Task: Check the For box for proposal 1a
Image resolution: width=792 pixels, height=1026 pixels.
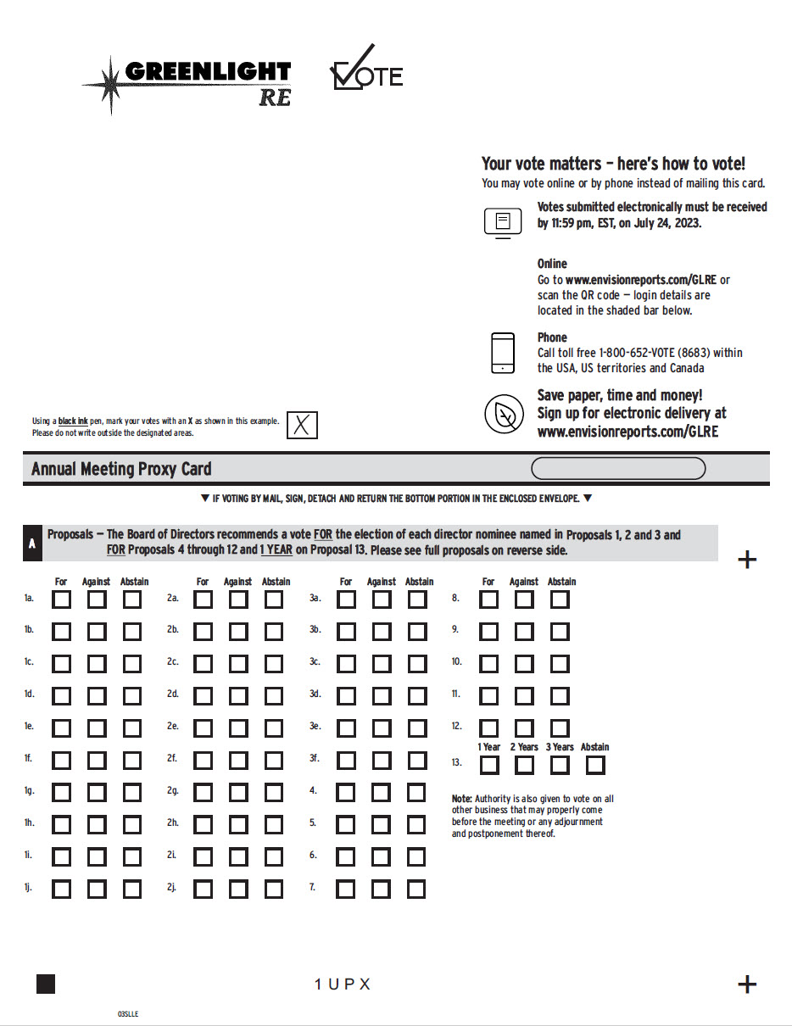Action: [x=62, y=599]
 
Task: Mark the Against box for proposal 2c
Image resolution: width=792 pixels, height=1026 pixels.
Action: [x=238, y=664]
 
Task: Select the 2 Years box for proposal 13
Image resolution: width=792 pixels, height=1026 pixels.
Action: [x=524, y=765]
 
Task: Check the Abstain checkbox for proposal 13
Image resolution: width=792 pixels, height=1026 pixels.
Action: [x=595, y=765]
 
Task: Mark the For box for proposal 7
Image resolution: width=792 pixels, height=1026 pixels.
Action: [x=345, y=889]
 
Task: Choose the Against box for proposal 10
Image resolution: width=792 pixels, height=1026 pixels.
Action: [x=524, y=664]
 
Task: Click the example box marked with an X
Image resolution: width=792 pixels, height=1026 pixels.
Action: [x=302, y=425]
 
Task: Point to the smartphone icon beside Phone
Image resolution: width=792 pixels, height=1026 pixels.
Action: [x=503, y=353]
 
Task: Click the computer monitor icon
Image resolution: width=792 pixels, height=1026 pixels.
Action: [x=503, y=222]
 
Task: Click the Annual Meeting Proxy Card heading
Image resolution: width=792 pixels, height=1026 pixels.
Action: [x=121, y=469]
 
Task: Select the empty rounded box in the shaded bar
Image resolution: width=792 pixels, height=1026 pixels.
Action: [x=617, y=468]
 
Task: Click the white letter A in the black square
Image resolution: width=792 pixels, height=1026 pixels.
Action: [x=32, y=544]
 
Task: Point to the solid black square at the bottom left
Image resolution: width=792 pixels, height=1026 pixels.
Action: [x=46, y=984]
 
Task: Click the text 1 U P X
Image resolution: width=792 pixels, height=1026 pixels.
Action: [x=343, y=984]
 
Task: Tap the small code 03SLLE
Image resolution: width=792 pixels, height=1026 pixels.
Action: [x=128, y=1013]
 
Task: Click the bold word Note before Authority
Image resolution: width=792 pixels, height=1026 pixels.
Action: [x=461, y=799]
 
